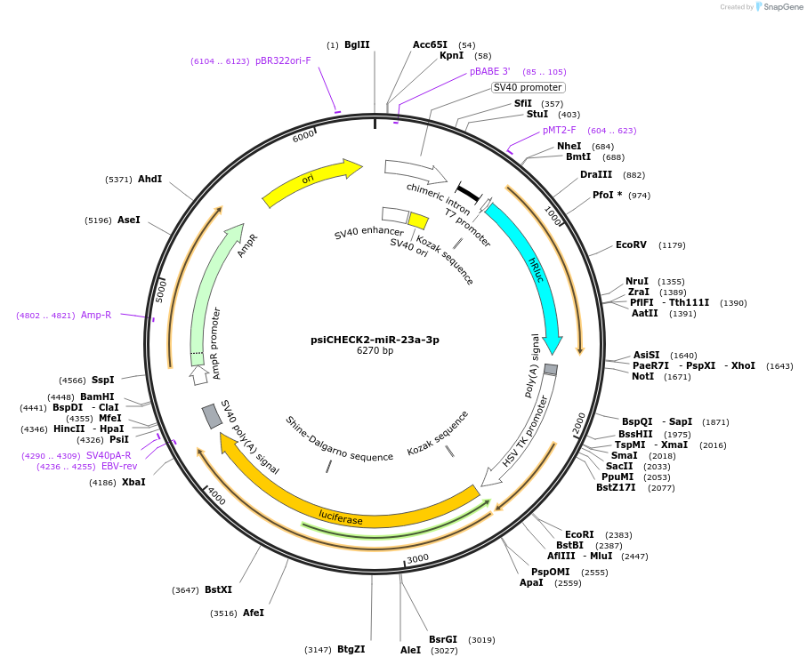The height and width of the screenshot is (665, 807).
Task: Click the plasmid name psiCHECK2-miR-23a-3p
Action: [x=375, y=339]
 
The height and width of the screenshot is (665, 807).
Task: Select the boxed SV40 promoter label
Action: [x=528, y=87]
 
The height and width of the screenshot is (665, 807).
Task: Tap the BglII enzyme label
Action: [x=357, y=44]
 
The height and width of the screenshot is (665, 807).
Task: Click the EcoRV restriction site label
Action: [x=631, y=244]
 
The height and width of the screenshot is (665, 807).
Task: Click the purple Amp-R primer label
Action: [x=96, y=315]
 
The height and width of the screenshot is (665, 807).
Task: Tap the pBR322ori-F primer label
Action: [x=283, y=60]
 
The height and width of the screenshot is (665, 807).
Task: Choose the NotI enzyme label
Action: [x=642, y=376]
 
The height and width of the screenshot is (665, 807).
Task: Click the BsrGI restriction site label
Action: [x=442, y=639]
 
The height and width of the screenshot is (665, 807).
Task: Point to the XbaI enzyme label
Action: [x=133, y=482]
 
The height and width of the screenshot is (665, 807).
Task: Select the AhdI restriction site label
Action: [x=149, y=179]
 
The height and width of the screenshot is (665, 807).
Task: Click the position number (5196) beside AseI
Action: [x=98, y=220]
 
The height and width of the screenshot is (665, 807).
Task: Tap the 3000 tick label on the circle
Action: [x=418, y=558]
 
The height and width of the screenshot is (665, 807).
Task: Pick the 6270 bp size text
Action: [x=375, y=351]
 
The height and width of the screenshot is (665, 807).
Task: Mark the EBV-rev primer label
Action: [x=119, y=466]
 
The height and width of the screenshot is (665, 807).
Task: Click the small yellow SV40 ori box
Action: [x=418, y=220]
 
